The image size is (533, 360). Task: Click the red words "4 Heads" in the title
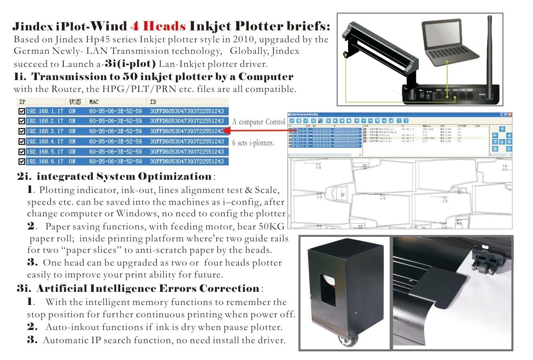click(158, 27)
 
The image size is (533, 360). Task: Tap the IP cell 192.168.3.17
click(44, 131)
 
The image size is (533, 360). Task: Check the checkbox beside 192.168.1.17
click(21, 111)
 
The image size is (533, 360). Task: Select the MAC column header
click(94, 101)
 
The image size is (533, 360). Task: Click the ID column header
click(153, 101)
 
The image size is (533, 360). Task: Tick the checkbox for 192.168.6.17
click(21, 162)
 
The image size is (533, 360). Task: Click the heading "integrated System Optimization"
click(124, 177)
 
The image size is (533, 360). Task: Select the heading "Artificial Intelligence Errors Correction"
click(147, 289)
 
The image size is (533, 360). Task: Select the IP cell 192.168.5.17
click(44, 151)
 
